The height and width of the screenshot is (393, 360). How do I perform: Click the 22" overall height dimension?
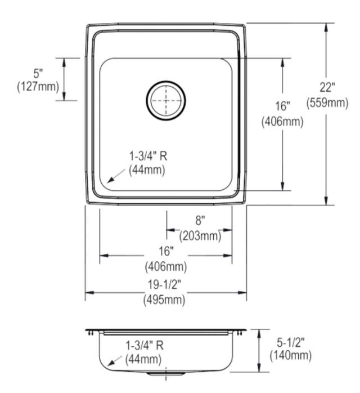coord(327,87)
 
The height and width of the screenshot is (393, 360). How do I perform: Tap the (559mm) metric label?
coord(327,102)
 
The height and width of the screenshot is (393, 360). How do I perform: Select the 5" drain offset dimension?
coord(38,73)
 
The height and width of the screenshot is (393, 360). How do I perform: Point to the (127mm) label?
coord(38,87)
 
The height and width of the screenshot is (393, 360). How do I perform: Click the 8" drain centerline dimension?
coord(200,221)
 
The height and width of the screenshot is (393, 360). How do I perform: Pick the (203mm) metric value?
coord(200,236)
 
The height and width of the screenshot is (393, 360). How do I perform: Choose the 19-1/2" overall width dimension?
coord(164,284)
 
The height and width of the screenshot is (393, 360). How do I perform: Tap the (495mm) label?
coord(164,300)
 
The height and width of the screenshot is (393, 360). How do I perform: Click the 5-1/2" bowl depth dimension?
coord(291,342)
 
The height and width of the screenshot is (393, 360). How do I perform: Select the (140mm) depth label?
coord(291,355)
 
